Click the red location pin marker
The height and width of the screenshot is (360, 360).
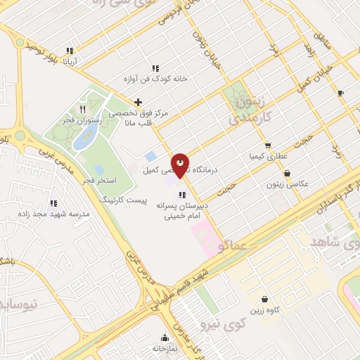pos(181,165)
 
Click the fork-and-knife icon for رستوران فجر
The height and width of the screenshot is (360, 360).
pos(83,109)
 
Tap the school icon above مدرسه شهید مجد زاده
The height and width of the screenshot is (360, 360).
pos(72,203)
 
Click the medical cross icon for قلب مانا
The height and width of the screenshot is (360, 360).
pos(138,103)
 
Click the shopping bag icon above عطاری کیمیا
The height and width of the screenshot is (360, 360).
pos(267,146)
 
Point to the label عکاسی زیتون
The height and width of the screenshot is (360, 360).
pos(288,184)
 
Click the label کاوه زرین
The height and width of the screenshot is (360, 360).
pos(265,310)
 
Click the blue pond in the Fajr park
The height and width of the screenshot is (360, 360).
pos(85,139)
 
